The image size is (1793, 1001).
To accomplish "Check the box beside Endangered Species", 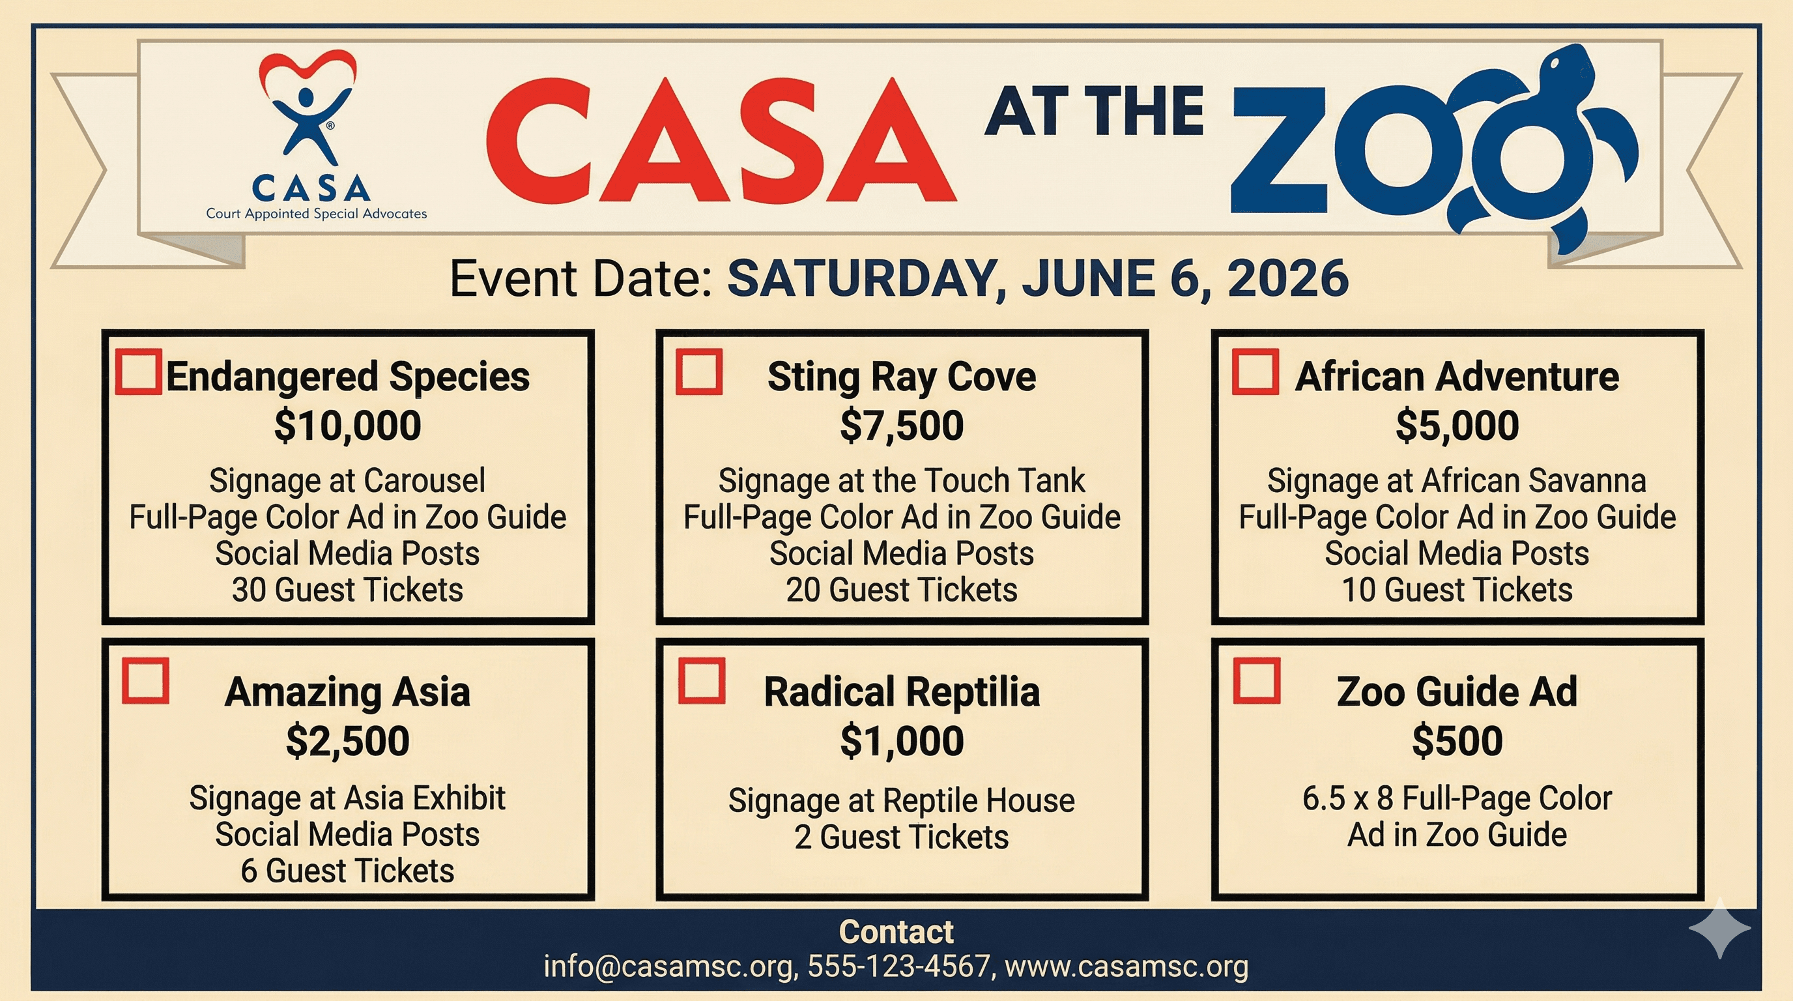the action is point(139,371).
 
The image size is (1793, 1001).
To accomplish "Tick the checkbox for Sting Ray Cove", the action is point(699,371).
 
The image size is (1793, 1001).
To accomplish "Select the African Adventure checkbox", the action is point(1255,371).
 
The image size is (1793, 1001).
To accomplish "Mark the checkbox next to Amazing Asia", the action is point(145,681).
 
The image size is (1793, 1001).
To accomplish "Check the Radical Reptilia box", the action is point(702,681).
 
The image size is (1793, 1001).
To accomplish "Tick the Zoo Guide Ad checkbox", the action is point(1256,681).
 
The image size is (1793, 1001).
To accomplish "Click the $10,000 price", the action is point(347,426).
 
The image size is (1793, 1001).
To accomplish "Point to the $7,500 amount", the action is point(901,426).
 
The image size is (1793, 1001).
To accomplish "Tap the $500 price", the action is point(1457,741).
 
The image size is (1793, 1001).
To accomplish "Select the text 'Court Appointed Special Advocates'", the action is point(316,214).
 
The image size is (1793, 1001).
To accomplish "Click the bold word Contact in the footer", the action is point(896,931).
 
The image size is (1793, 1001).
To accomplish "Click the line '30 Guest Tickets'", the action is point(347,590).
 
